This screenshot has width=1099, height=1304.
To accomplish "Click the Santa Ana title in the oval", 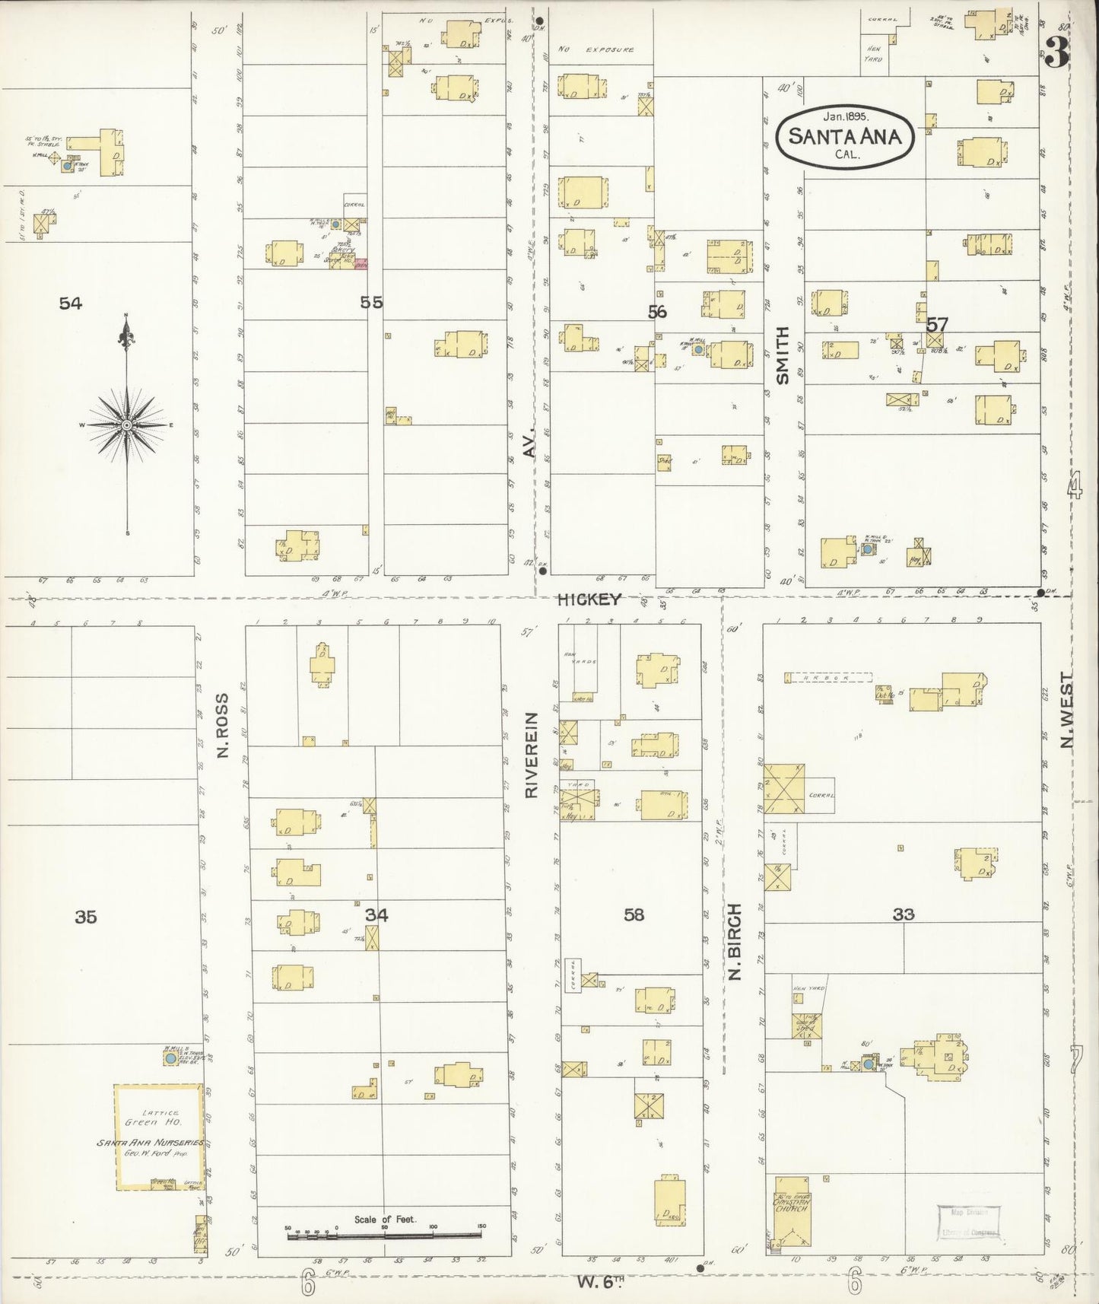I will pos(844,137).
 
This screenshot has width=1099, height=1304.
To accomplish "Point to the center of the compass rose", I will pos(126,425).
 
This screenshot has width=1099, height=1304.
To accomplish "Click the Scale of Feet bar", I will pos(385,1236).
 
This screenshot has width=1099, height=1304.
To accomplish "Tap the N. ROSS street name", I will pos(222,725).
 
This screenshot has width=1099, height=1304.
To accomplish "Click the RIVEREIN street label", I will pos(532,755).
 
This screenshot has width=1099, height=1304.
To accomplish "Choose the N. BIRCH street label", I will pos(735,942).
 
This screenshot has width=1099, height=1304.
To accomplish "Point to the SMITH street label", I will pos(783,355).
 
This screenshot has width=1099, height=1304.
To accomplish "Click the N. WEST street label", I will pos(1067,710).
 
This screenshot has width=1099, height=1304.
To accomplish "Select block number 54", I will pos(70,304).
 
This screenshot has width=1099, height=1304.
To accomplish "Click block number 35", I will pos(86,917).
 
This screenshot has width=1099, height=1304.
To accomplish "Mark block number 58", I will pos(634,914).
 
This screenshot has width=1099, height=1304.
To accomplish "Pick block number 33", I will pos(903,914).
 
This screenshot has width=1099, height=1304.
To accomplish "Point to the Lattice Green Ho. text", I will pos(152,1117).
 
